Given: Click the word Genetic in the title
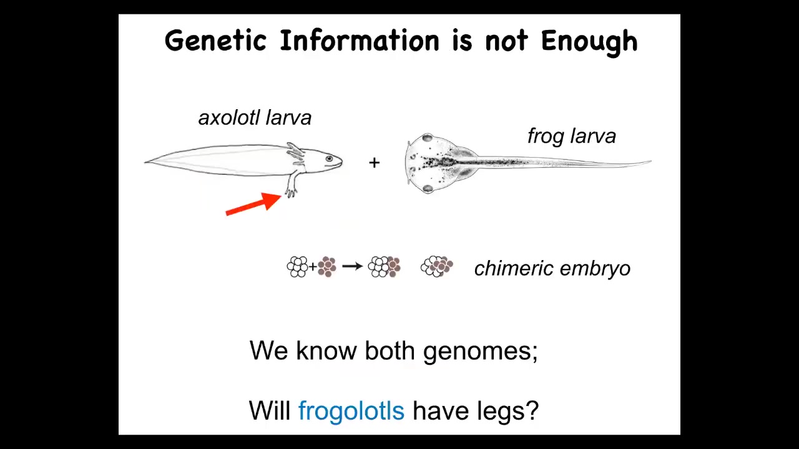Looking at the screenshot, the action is (x=216, y=41).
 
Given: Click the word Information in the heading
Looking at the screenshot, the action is (x=360, y=41).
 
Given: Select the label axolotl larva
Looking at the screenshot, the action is (x=255, y=118).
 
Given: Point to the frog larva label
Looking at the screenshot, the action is (x=572, y=136).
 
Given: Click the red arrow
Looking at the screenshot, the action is (x=253, y=204).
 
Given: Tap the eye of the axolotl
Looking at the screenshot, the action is (x=329, y=158).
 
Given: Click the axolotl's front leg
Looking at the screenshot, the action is (x=291, y=185).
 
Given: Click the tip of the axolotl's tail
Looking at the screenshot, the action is (x=145, y=162).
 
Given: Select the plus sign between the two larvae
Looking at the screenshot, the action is (x=374, y=163).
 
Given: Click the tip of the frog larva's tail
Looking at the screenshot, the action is (x=650, y=162).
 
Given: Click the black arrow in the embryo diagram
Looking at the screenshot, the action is (x=353, y=266).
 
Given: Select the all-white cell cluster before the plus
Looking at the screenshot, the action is (x=297, y=266).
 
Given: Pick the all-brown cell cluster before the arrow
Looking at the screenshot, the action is (x=326, y=266).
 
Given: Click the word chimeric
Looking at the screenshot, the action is (x=514, y=268).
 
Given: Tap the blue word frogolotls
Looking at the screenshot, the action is (x=351, y=410).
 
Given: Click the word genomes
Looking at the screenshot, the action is (x=480, y=352).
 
